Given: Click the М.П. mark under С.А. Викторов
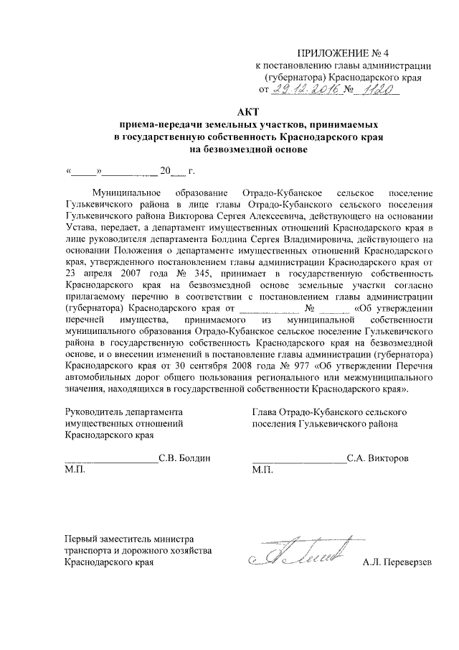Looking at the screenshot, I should click(263, 469).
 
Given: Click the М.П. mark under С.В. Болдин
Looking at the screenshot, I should click(75, 469).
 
